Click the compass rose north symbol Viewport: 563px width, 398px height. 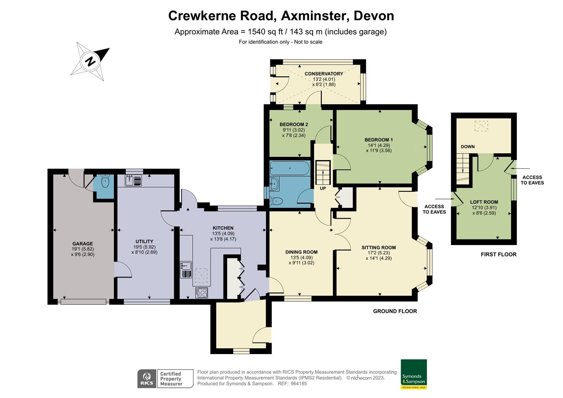tap(90, 61)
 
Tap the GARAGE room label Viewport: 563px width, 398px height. tap(83, 244)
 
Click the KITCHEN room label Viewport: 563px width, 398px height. tap(223, 228)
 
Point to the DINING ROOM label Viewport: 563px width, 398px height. tap(301, 252)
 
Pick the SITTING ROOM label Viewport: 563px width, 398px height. tap(379, 248)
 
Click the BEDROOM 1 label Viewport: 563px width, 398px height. tap(379, 140)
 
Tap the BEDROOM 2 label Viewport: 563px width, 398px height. tap(293, 125)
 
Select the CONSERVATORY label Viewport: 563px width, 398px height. tap(324, 74)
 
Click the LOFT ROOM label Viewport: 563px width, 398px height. tap(484, 202)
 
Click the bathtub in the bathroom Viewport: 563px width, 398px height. tap(290, 168)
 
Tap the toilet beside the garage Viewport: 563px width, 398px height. tap(105, 182)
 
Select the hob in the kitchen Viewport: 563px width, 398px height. tap(202, 293)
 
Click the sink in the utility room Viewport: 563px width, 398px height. tap(133, 180)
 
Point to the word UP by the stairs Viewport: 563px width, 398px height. tap(323, 188)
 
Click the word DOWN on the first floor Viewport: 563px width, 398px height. tap(468, 147)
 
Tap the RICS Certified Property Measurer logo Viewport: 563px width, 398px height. tap(165, 378)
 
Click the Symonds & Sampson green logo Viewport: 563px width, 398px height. tap(414, 374)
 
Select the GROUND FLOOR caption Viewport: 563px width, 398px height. tap(395, 311)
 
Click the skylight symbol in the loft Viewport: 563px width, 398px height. tap(481, 126)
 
